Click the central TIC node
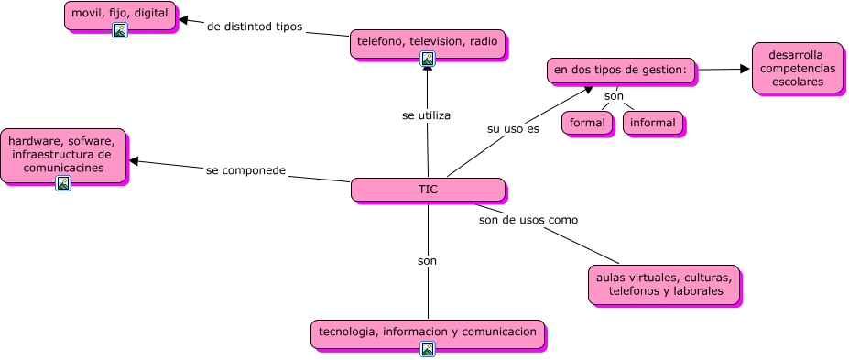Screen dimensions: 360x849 point(428,190)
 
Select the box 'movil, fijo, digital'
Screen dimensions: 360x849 point(119,14)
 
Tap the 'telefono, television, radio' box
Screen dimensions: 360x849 point(427,42)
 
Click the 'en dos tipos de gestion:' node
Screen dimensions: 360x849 point(621,70)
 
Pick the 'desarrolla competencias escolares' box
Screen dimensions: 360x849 point(797,68)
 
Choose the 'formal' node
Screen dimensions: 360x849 point(587,123)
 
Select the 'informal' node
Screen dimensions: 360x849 point(653,123)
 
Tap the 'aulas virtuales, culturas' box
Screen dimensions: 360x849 point(663,284)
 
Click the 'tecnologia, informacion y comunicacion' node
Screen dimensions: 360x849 point(427,332)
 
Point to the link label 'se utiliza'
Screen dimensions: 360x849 point(426,115)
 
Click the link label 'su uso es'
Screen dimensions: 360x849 point(513,129)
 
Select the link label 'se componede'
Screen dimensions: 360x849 point(246,170)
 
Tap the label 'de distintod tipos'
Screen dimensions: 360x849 point(255,27)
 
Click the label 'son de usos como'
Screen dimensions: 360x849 point(528,220)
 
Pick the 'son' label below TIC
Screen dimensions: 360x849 point(427,261)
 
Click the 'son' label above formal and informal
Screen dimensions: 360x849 point(614,95)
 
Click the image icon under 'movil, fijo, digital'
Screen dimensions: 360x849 point(119,30)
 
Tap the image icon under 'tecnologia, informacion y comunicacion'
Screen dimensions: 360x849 point(427,348)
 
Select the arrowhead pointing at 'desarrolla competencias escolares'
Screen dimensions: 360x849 point(745,69)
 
